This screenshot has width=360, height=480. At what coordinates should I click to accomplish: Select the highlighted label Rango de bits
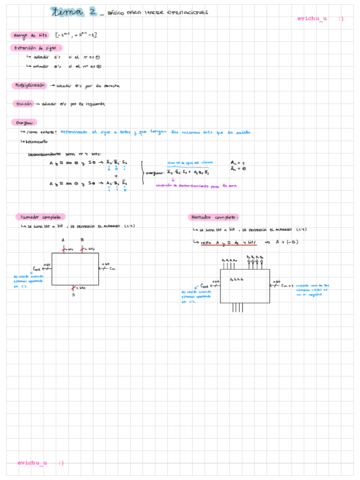[35, 36]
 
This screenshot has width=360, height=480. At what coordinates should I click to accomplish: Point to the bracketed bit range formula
[89, 36]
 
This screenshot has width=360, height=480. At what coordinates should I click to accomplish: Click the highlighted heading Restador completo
[213, 216]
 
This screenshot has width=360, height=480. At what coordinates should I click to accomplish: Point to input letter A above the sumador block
[65, 240]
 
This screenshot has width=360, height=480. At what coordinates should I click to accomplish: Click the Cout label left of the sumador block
[38, 268]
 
